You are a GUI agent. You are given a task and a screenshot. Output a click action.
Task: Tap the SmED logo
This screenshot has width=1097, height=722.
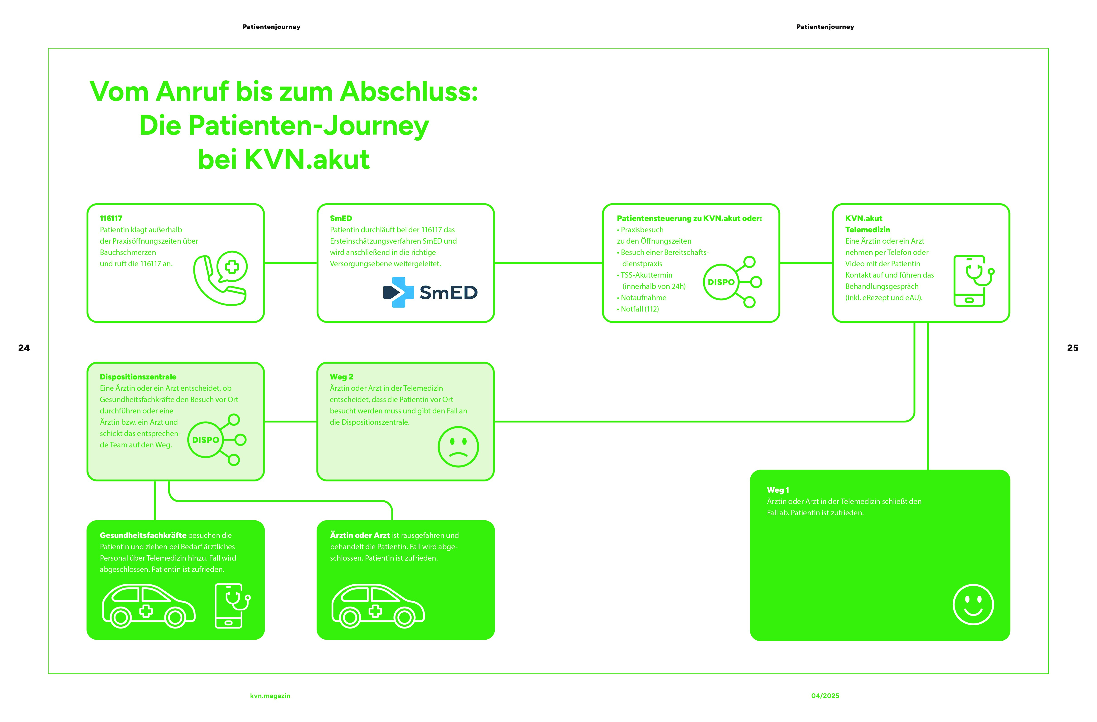click(x=430, y=292)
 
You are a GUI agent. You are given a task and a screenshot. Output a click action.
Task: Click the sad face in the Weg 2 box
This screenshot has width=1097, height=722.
click(x=458, y=446)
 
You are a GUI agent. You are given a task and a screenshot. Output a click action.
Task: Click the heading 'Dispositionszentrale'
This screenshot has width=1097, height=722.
click(x=138, y=377)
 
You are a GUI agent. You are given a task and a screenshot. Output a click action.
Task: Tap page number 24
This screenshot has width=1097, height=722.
click(x=24, y=348)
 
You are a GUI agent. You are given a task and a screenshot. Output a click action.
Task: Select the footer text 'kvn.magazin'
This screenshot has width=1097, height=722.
click(x=270, y=696)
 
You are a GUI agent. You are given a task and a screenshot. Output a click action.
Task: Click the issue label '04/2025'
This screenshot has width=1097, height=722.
click(x=825, y=696)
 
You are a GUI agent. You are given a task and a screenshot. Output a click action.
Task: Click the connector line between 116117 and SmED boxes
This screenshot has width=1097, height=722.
click(x=290, y=263)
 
